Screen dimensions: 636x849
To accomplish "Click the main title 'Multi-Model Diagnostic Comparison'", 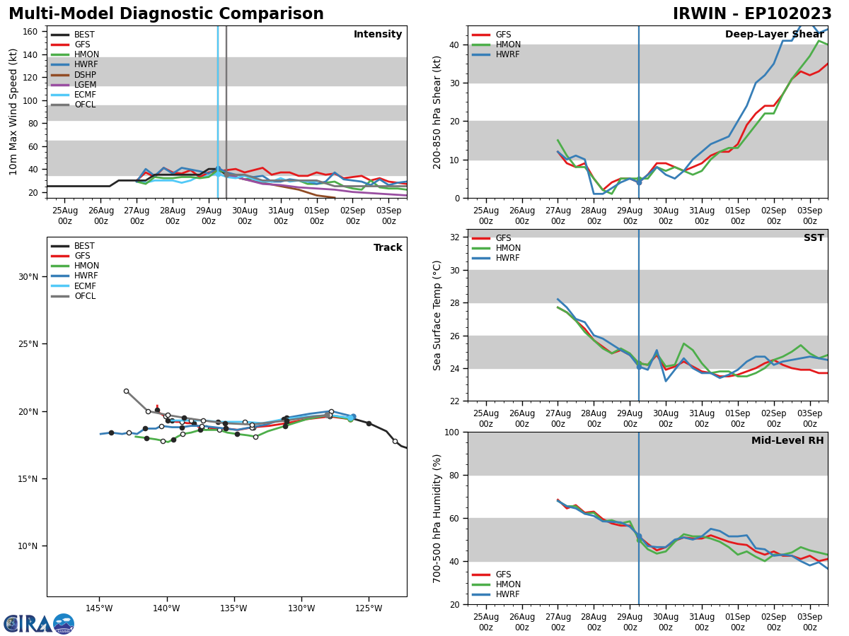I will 166,14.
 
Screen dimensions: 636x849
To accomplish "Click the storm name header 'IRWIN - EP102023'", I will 752,14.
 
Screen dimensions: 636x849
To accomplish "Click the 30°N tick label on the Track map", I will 28,276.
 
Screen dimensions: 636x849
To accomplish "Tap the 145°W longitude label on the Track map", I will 99,608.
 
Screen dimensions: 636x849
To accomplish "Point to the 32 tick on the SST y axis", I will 456,237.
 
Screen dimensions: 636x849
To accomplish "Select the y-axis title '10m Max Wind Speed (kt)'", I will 13,112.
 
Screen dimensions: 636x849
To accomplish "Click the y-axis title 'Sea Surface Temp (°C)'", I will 437,315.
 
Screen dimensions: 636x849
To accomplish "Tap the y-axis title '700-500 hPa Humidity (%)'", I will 437,518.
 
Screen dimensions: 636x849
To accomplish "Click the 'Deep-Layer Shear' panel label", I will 774,35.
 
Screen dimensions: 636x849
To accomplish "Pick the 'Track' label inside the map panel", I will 388,248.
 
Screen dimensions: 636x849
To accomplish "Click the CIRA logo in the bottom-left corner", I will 39,624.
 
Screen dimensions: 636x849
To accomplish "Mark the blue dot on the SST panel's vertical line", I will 639,367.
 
